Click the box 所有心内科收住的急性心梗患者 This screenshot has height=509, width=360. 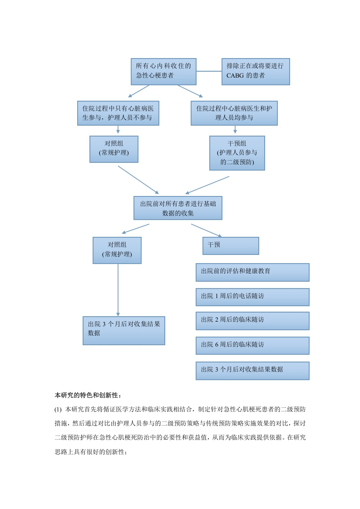(x=163, y=72)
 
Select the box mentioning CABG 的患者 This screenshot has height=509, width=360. (x=256, y=72)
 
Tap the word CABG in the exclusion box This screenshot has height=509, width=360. (x=235, y=76)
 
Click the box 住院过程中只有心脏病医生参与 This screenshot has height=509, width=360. (x=118, y=113)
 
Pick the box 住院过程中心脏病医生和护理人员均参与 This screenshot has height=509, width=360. (x=234, y=113)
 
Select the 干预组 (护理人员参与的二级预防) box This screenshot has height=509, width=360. (x=237, y=153)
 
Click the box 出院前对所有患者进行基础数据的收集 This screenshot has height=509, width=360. (x=178, y=208)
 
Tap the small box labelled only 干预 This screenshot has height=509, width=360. (x=231, y=246)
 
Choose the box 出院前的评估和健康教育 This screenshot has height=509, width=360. (x=252, y=272)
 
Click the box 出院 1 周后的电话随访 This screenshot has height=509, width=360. (x=252, y=297)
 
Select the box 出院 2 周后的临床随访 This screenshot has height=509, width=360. (x=252, y=321)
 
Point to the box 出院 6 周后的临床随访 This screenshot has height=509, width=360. (x=252, y=345)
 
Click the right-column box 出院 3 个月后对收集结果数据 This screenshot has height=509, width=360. (x=252, y=371)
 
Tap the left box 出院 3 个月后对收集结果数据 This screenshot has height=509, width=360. (x=124, y=330)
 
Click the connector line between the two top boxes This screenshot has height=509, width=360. (x=209, y=71)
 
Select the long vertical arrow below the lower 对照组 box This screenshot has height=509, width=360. (x=118, y=290)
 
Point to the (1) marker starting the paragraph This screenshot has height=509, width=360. (x=58, y=409)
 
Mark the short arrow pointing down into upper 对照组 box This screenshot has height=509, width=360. (x=118, y=130)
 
